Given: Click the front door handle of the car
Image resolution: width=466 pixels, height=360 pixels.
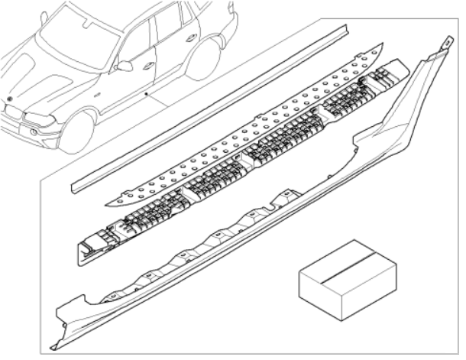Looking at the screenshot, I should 148,64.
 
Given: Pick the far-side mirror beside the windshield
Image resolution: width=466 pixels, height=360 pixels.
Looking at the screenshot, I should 44,16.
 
